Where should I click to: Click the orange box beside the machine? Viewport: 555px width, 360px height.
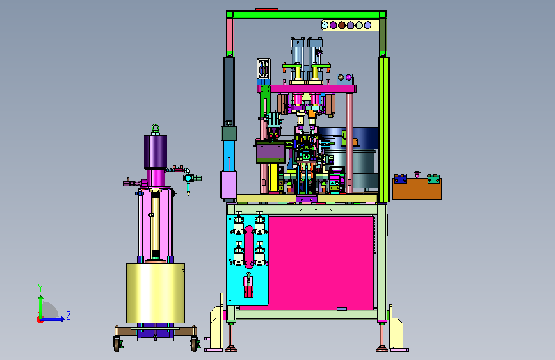[417, 189]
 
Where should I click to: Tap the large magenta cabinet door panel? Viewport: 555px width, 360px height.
[321, 262]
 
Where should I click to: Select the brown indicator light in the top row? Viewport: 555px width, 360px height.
[342, 25]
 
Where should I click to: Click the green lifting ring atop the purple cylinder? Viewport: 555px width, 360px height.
[156, 129]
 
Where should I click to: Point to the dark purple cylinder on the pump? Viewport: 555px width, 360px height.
[156, 152]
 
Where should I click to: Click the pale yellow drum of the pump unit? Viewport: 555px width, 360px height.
[156, 293]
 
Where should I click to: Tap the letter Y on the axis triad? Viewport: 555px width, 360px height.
[40, 288]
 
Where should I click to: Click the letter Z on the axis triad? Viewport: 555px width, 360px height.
[68, 315]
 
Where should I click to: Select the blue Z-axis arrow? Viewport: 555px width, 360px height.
[52, 319]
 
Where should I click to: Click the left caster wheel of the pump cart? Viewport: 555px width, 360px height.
[117, 343]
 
